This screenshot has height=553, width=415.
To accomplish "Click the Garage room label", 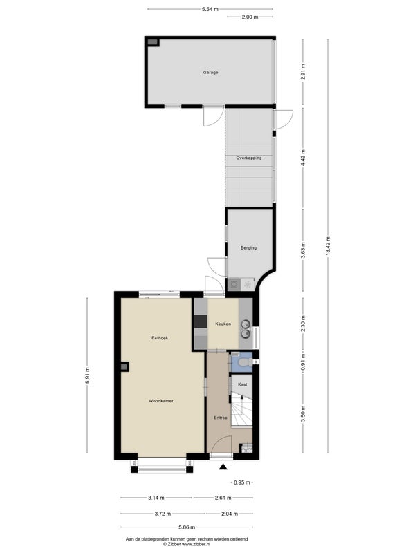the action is click(x=210, y=73).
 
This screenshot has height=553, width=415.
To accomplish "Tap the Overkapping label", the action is click(x=249, y=158).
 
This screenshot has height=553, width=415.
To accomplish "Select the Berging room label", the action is click(x=248, y=248).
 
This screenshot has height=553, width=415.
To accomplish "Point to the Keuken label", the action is click(x=223, y=324).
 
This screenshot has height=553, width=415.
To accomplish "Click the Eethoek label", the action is click(x=160, y=338).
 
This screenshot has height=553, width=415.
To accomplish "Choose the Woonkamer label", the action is click(x=161, y=401).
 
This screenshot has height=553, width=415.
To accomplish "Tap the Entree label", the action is click(x=221, y=418).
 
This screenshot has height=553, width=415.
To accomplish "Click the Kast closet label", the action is click(x=243, y=385).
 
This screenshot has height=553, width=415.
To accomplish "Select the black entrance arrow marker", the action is click(x=223, y=467).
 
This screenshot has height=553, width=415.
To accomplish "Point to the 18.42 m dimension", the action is click(x=328, y=246).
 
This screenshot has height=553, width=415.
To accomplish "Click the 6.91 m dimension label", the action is click(x=88, y=375).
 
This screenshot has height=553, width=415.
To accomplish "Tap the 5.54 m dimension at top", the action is click(x=210, y=10).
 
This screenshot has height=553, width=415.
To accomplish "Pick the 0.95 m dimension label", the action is click(x=241, y=482).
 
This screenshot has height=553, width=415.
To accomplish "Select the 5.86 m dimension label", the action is click(x=187, y=527).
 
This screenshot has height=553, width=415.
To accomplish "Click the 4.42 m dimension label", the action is click(x=303, y=158).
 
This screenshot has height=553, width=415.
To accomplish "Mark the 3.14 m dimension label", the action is click(x=156, y=498).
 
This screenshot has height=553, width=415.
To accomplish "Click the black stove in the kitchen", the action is click(x=200, y=321).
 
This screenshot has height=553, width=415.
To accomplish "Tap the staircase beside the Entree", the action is click(x=241, y=410).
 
